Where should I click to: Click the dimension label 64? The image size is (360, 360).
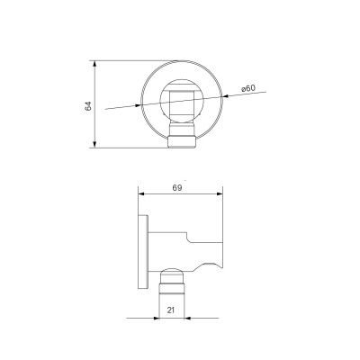click(x=88, y=106)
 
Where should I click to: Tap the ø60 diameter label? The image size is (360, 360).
click(x=248, y=88)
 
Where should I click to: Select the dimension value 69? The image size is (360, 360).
click(x=177, y=188)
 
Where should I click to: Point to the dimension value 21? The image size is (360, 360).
click(x=171, y=310)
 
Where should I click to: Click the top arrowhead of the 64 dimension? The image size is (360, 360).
click(x=94, y=64)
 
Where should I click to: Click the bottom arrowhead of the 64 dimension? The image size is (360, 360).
click(x=94, y=144)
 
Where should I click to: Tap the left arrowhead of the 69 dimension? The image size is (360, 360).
click(x=141, y=194)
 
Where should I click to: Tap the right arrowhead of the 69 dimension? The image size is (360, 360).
click(x=220, y=194)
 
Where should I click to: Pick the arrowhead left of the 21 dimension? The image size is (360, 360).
click(x=156, y=318)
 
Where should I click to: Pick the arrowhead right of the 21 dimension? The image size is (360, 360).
click(x=187, y=318)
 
